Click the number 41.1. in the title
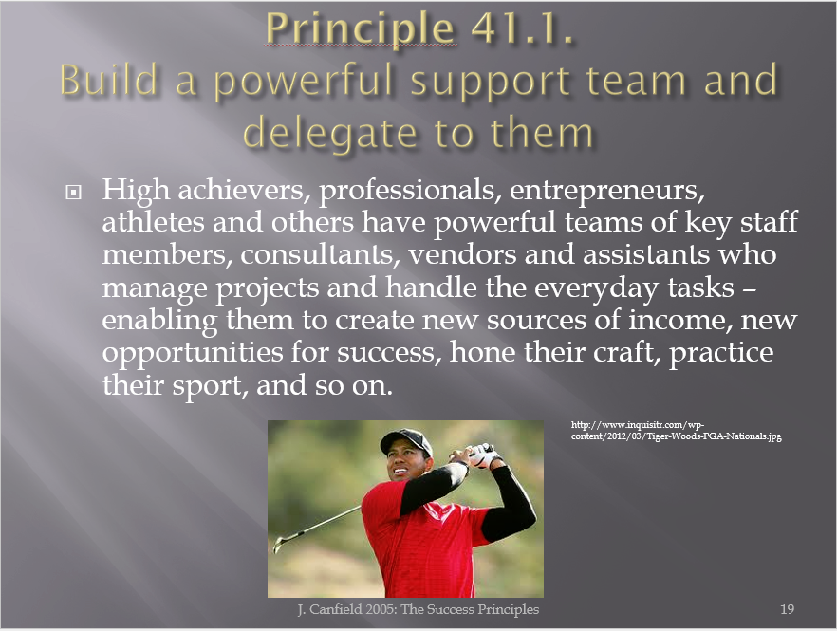point(522,28)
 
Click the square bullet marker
point(73,193)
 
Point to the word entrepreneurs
point(607,191)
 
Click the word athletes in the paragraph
point(153,221)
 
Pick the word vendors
point(462,254)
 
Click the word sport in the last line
point(209,386)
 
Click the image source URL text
point(677,430)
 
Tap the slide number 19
point(787,609)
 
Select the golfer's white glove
point(486,455)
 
